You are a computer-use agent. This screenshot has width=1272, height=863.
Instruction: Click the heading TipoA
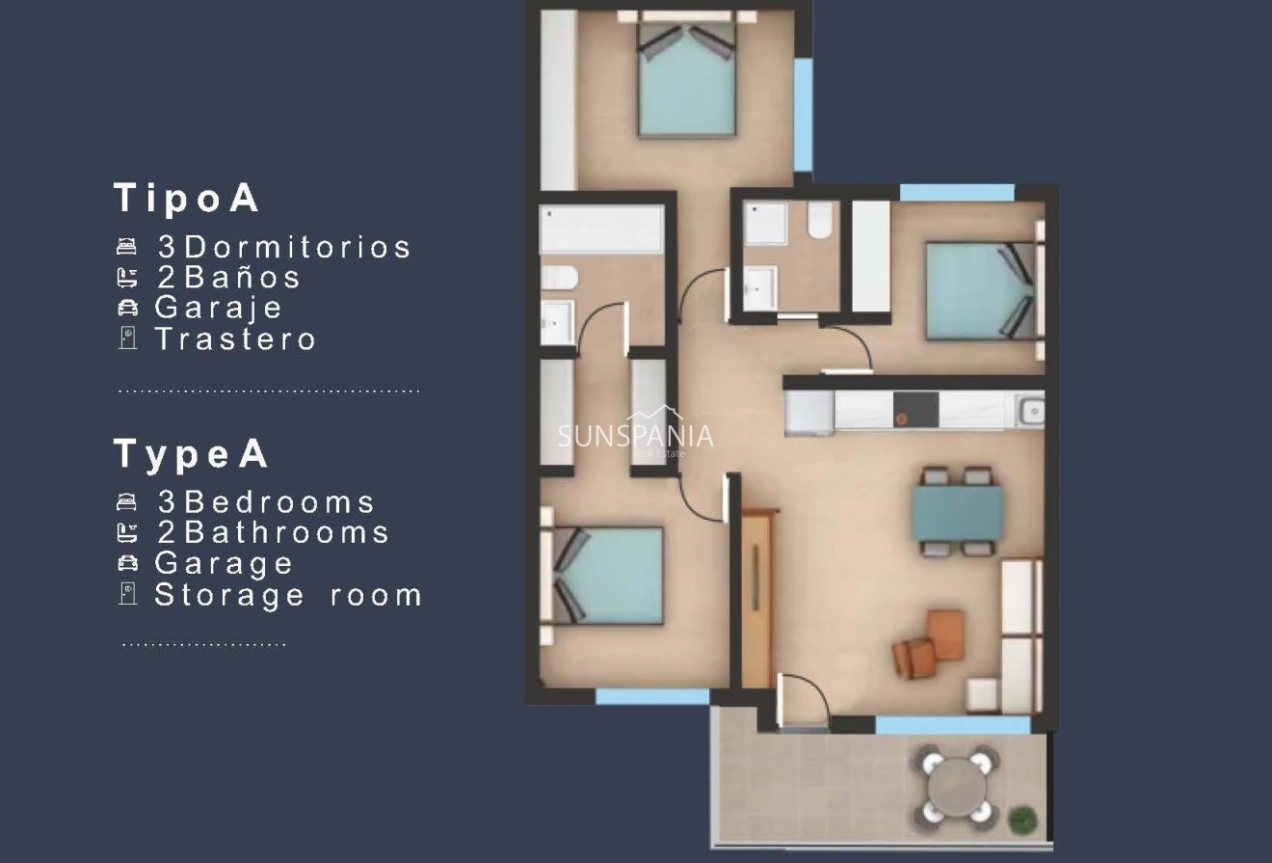point(187,198)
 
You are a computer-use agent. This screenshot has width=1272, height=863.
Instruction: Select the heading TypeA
point(191,453)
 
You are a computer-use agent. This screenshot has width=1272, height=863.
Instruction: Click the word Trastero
point(235,338)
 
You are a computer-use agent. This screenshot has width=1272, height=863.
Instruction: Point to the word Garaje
point(219,308)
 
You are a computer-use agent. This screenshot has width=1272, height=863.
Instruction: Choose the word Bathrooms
point(286,532)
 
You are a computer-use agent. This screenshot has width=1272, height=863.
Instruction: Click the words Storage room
point(288,594)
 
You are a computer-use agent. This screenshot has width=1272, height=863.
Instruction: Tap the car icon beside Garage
point(126,563)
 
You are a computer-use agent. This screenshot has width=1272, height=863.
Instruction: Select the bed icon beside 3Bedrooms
point(126,501)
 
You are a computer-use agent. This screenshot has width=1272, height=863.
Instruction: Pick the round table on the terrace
point(956,785)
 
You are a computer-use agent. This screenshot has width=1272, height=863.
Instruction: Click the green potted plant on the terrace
point(1021,821)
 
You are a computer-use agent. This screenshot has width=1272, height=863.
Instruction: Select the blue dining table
point(957,513)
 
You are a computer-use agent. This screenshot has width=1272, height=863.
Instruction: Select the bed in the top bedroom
point(686,82)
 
